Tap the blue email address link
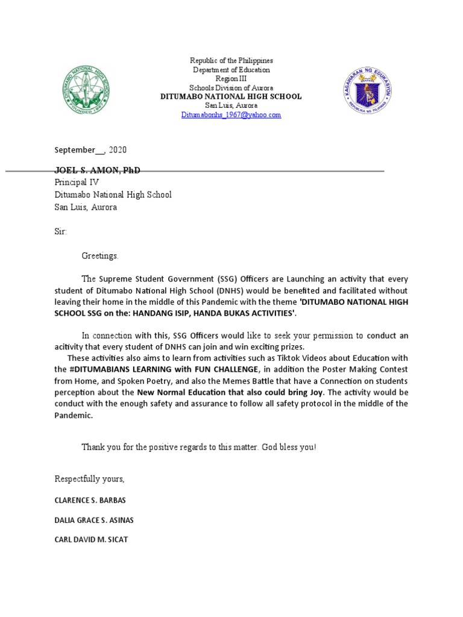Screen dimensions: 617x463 (x=231, y=114)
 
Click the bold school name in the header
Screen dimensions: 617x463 (x=231, y=96)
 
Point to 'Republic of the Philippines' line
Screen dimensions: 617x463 (x=231, y=61)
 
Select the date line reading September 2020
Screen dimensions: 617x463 (x=90, y=150)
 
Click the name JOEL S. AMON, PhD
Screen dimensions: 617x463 (x=97, y=171)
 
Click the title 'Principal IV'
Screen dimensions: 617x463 (x=77, y=183)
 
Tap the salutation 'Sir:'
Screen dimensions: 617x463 (x=61, y=231)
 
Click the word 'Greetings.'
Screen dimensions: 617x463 (x=101, y=255)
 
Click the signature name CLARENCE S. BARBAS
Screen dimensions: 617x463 (x=90, y=501)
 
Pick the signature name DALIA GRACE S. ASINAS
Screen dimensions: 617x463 (x=95, y=520)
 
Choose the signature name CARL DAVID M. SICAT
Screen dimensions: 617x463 (x=91, y=539)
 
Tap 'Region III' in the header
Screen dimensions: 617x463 (x=231, y=79)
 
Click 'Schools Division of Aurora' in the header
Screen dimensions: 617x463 (x=231, y=88)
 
